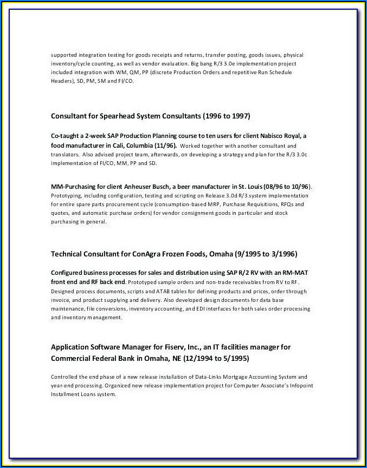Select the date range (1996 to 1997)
click(x=227, y=116)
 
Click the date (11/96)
click(x=165, y=146)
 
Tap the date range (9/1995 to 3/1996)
click(x=266, y=254)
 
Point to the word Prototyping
click(x=65, y=195)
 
